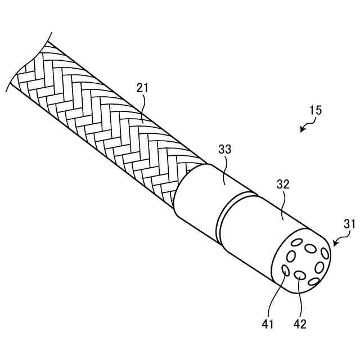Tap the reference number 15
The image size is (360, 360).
(x=314, y=110)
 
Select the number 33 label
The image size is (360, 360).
(x=224, y=150)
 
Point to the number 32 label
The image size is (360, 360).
(x=283, y=184)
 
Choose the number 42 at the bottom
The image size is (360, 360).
(x=299, y=325)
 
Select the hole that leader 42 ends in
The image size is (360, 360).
(x=300, y=276)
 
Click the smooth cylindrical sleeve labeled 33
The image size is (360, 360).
(x=197, y=197)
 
